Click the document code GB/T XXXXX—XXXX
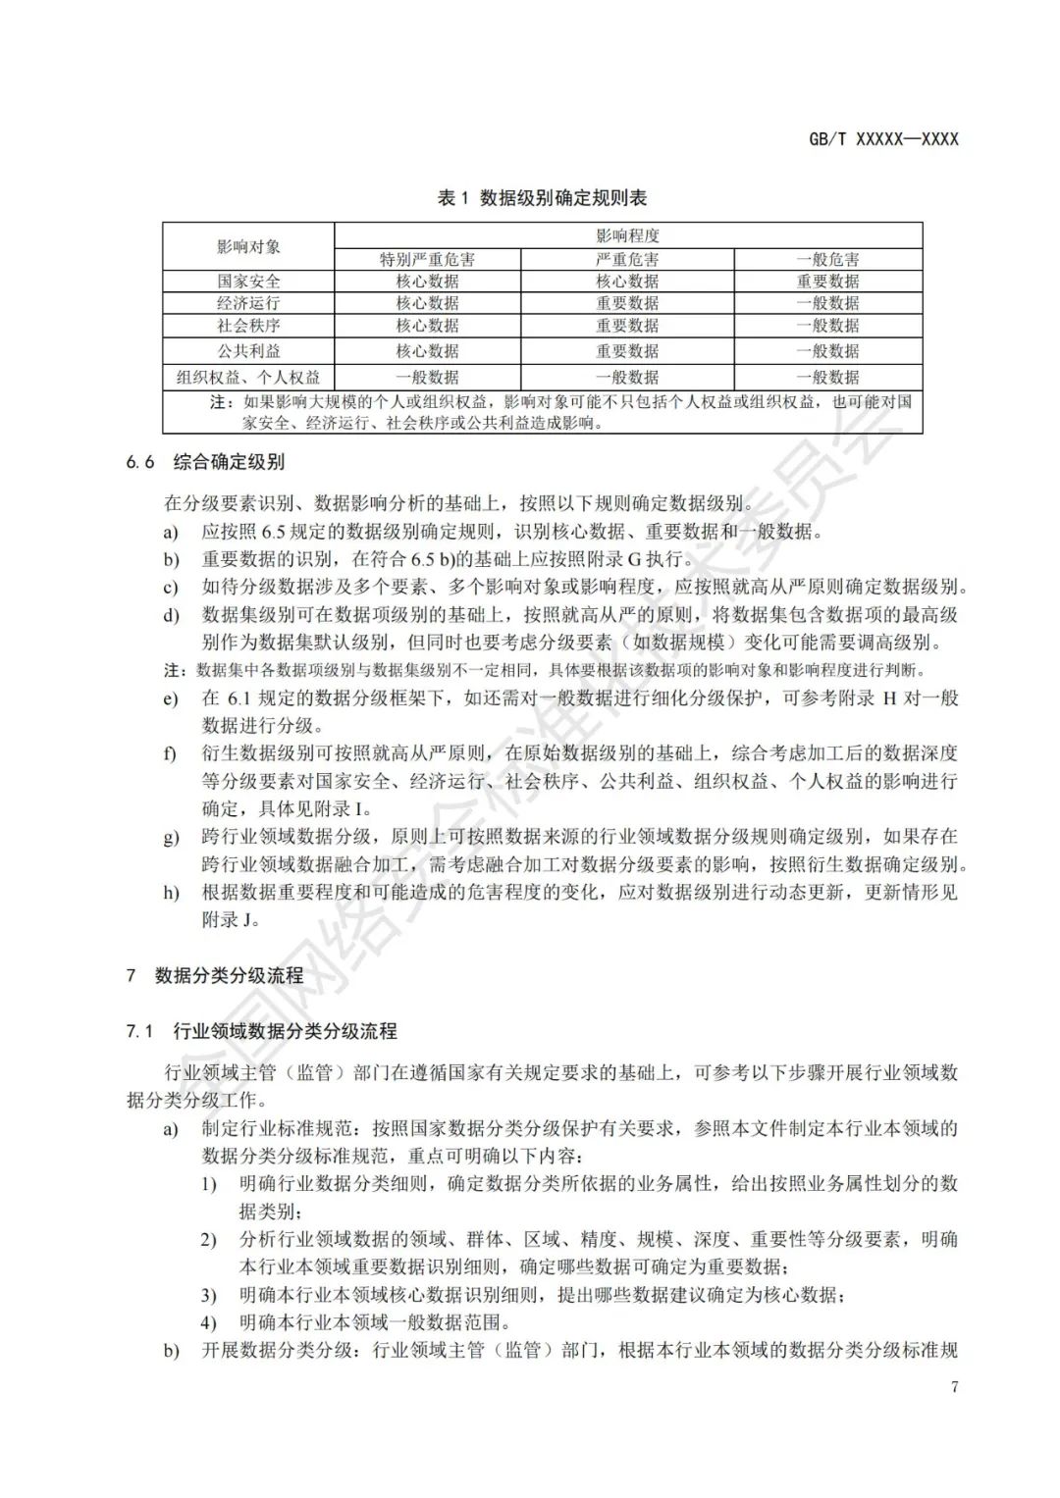coord(882,139)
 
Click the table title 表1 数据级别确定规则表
coord(542,198)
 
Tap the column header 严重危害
coord(627,260)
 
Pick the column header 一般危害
coord(827,260)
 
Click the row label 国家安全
coord(248,282)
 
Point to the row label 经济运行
coord(248,303)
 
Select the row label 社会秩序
coord(248,326)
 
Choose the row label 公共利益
coord(248,350)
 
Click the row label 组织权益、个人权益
coord(248,377)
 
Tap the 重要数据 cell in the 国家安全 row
coord(827,282)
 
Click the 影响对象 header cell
coord(248,246)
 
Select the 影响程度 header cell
coord(627,235)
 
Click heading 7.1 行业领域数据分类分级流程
coord(261,1031)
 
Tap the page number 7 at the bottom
coord(953,1386)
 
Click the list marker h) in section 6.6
coord(172,893)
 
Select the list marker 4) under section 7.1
coord(208,1322)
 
